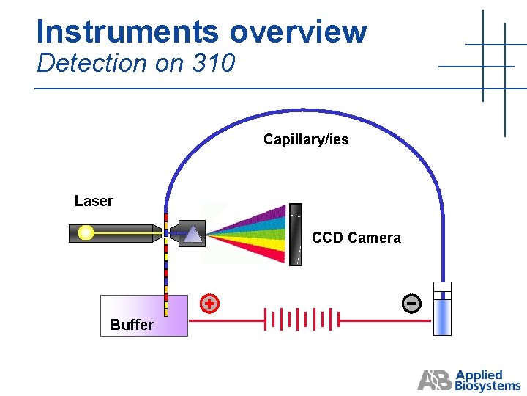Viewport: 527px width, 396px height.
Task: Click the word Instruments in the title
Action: coord(127,32)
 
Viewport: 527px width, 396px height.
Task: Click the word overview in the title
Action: coord(298,32)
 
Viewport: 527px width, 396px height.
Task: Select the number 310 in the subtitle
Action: coord(213,64)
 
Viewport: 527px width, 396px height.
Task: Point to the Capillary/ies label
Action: coord(306,139)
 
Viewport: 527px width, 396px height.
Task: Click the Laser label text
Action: coord(94,201)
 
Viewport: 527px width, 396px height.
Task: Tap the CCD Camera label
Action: coord(356,238)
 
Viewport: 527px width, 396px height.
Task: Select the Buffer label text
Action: coord(132,325)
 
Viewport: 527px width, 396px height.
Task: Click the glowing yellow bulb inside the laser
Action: coord(86,233)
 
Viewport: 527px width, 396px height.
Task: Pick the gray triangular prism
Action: coord(193,233)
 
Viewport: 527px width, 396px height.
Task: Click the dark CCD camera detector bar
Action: coord(295,234)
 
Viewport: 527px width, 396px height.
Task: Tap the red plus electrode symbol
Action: coord(209,303)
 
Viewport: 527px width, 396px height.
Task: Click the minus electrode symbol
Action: coord(411,303)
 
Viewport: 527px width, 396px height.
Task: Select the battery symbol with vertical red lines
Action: coord(302,320)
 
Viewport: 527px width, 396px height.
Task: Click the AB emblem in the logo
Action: coord(436,380)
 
